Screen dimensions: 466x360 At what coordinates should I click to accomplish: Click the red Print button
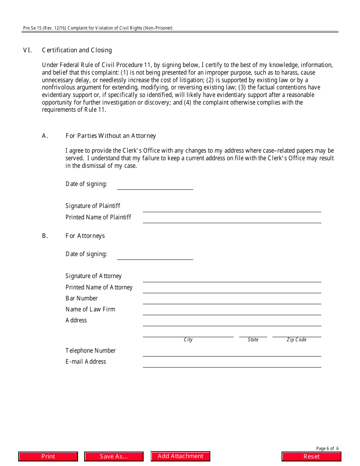pos(48,457)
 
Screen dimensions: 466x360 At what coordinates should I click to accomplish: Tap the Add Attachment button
pos(180,456)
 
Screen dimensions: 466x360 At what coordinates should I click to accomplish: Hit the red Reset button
pos(311,457)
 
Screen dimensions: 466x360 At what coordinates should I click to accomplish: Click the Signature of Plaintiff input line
pos(232,208)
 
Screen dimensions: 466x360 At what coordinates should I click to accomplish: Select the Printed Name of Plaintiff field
pos(232,219)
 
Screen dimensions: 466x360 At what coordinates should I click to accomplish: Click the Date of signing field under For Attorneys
pos(155,256)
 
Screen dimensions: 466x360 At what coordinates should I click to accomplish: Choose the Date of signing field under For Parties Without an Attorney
pos(155,186)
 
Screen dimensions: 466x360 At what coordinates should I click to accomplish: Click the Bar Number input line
pos(232,300)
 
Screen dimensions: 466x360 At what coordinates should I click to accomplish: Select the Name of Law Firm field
pos(232,311)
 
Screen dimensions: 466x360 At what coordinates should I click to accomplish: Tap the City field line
pos(188,333)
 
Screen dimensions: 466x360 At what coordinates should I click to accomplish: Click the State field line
pos(253,333)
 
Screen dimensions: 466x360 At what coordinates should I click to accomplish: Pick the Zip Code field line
pos(296,333)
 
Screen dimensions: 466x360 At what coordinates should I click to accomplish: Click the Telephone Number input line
pos(232,352)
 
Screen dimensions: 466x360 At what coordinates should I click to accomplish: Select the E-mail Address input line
pos(232,363)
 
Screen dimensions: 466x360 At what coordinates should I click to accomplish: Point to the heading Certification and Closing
pos(77,50)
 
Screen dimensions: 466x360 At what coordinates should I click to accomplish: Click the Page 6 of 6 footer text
pos(327,449)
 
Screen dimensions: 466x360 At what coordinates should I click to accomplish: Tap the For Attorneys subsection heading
pos(85,236)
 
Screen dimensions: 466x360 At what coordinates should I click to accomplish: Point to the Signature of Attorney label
pos(94,276)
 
